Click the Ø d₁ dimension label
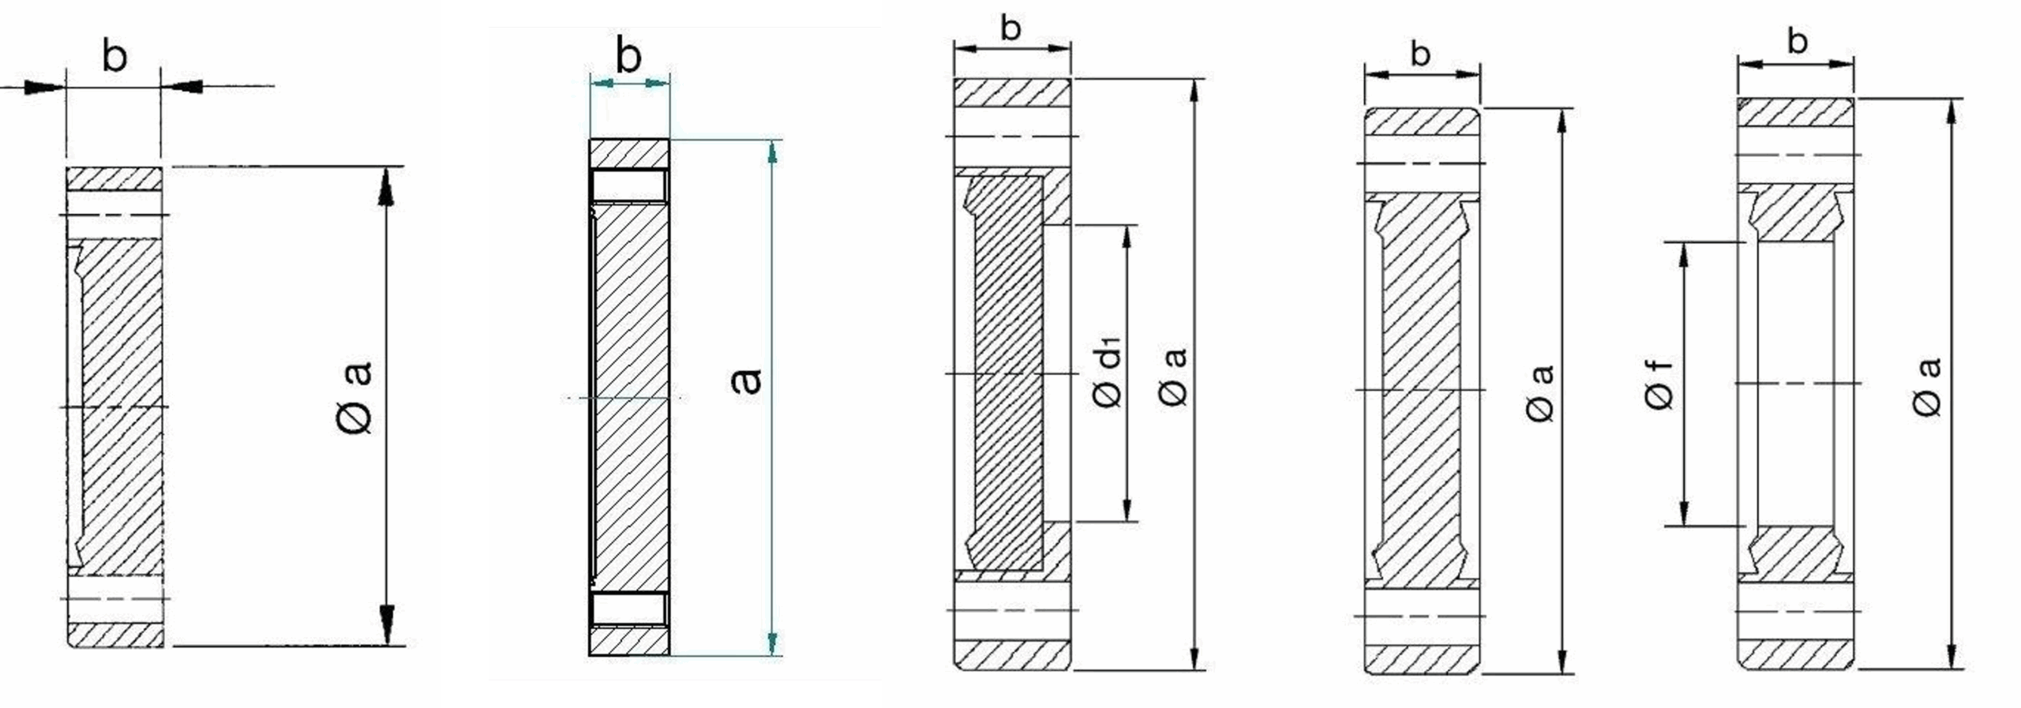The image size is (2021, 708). click(1108, 372)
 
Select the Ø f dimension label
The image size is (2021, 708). click(1659, 384)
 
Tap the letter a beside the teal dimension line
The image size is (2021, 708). click(746, 381)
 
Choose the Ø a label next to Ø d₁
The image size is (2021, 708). click(1175, 378)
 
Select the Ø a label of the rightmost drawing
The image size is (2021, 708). click(1927, 387)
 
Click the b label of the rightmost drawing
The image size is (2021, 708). click(1797, 40)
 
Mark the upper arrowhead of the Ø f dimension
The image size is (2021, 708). click(1684, 256)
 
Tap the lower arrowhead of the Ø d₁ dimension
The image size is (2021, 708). click(1127, 508)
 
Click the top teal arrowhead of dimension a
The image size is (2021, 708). click(773, 152)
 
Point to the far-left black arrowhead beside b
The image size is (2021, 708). click(44, 87)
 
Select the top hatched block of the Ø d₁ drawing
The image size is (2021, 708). click(1013, 92)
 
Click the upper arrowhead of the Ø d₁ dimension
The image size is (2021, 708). click(1127, 239)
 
